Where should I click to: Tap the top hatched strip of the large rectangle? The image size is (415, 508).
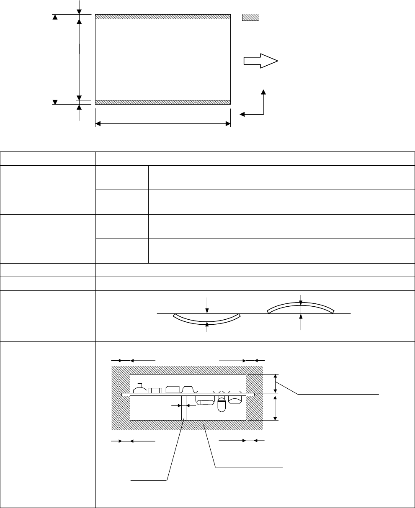pyautogui.click(x=163, y=16)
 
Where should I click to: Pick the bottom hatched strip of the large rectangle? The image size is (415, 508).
pyautogui.click(x=163, y=102)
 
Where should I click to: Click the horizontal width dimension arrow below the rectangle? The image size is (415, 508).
pyautogui.click(x=163, y=123)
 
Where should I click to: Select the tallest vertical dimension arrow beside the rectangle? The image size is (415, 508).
pyautogui.click(x=54, y=59)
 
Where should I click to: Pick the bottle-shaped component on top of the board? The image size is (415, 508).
pyautogui.click(x=139, y=389)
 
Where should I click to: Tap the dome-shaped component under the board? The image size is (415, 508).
pyautogui.click(x=235, y=400)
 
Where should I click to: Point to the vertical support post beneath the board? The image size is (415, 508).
pyautogui.click(x=183, y=408)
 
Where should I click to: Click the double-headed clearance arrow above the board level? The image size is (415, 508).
pyautogui.click(x=275, y=382)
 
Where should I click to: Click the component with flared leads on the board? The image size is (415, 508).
pyautogui.click(x=187, y=389)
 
